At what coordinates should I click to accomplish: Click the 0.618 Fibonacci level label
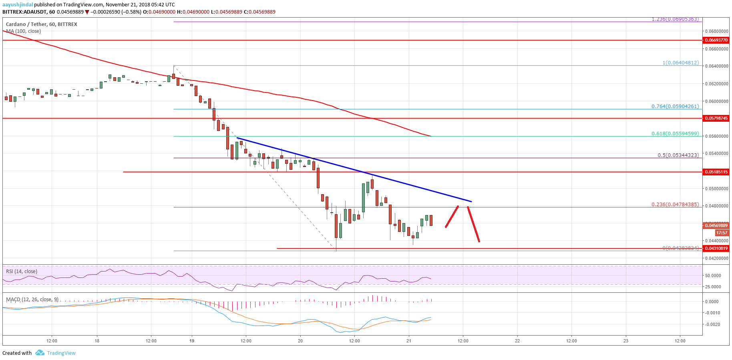[675, 134]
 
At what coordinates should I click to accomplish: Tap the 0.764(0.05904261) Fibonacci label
[675, 107]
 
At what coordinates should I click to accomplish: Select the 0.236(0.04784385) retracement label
[675, 205]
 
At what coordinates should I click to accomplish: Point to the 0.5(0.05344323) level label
[678, 155]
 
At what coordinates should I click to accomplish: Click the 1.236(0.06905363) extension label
[675, 19]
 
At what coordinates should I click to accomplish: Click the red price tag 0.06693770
[716, 40]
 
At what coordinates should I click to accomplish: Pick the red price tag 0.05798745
[716, 119]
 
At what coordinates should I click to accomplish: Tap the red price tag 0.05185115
[716, 172]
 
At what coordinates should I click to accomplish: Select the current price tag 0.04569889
[716, 226]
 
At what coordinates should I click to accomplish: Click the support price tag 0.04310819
[716, 248]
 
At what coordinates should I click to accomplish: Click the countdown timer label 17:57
[721, 233]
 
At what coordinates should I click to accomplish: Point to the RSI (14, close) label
[22, 272]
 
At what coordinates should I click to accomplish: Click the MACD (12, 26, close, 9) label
[32, 300]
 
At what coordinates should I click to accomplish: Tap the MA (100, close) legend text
[23, 31]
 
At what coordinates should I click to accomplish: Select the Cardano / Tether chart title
[42, 24]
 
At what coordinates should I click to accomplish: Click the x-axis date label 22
[517, 341]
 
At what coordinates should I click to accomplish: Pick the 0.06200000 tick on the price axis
[716, 84]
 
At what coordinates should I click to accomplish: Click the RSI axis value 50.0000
[713, 276]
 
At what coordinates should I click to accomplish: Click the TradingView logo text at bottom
[61, 353]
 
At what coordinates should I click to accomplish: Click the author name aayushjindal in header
[18, 5]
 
